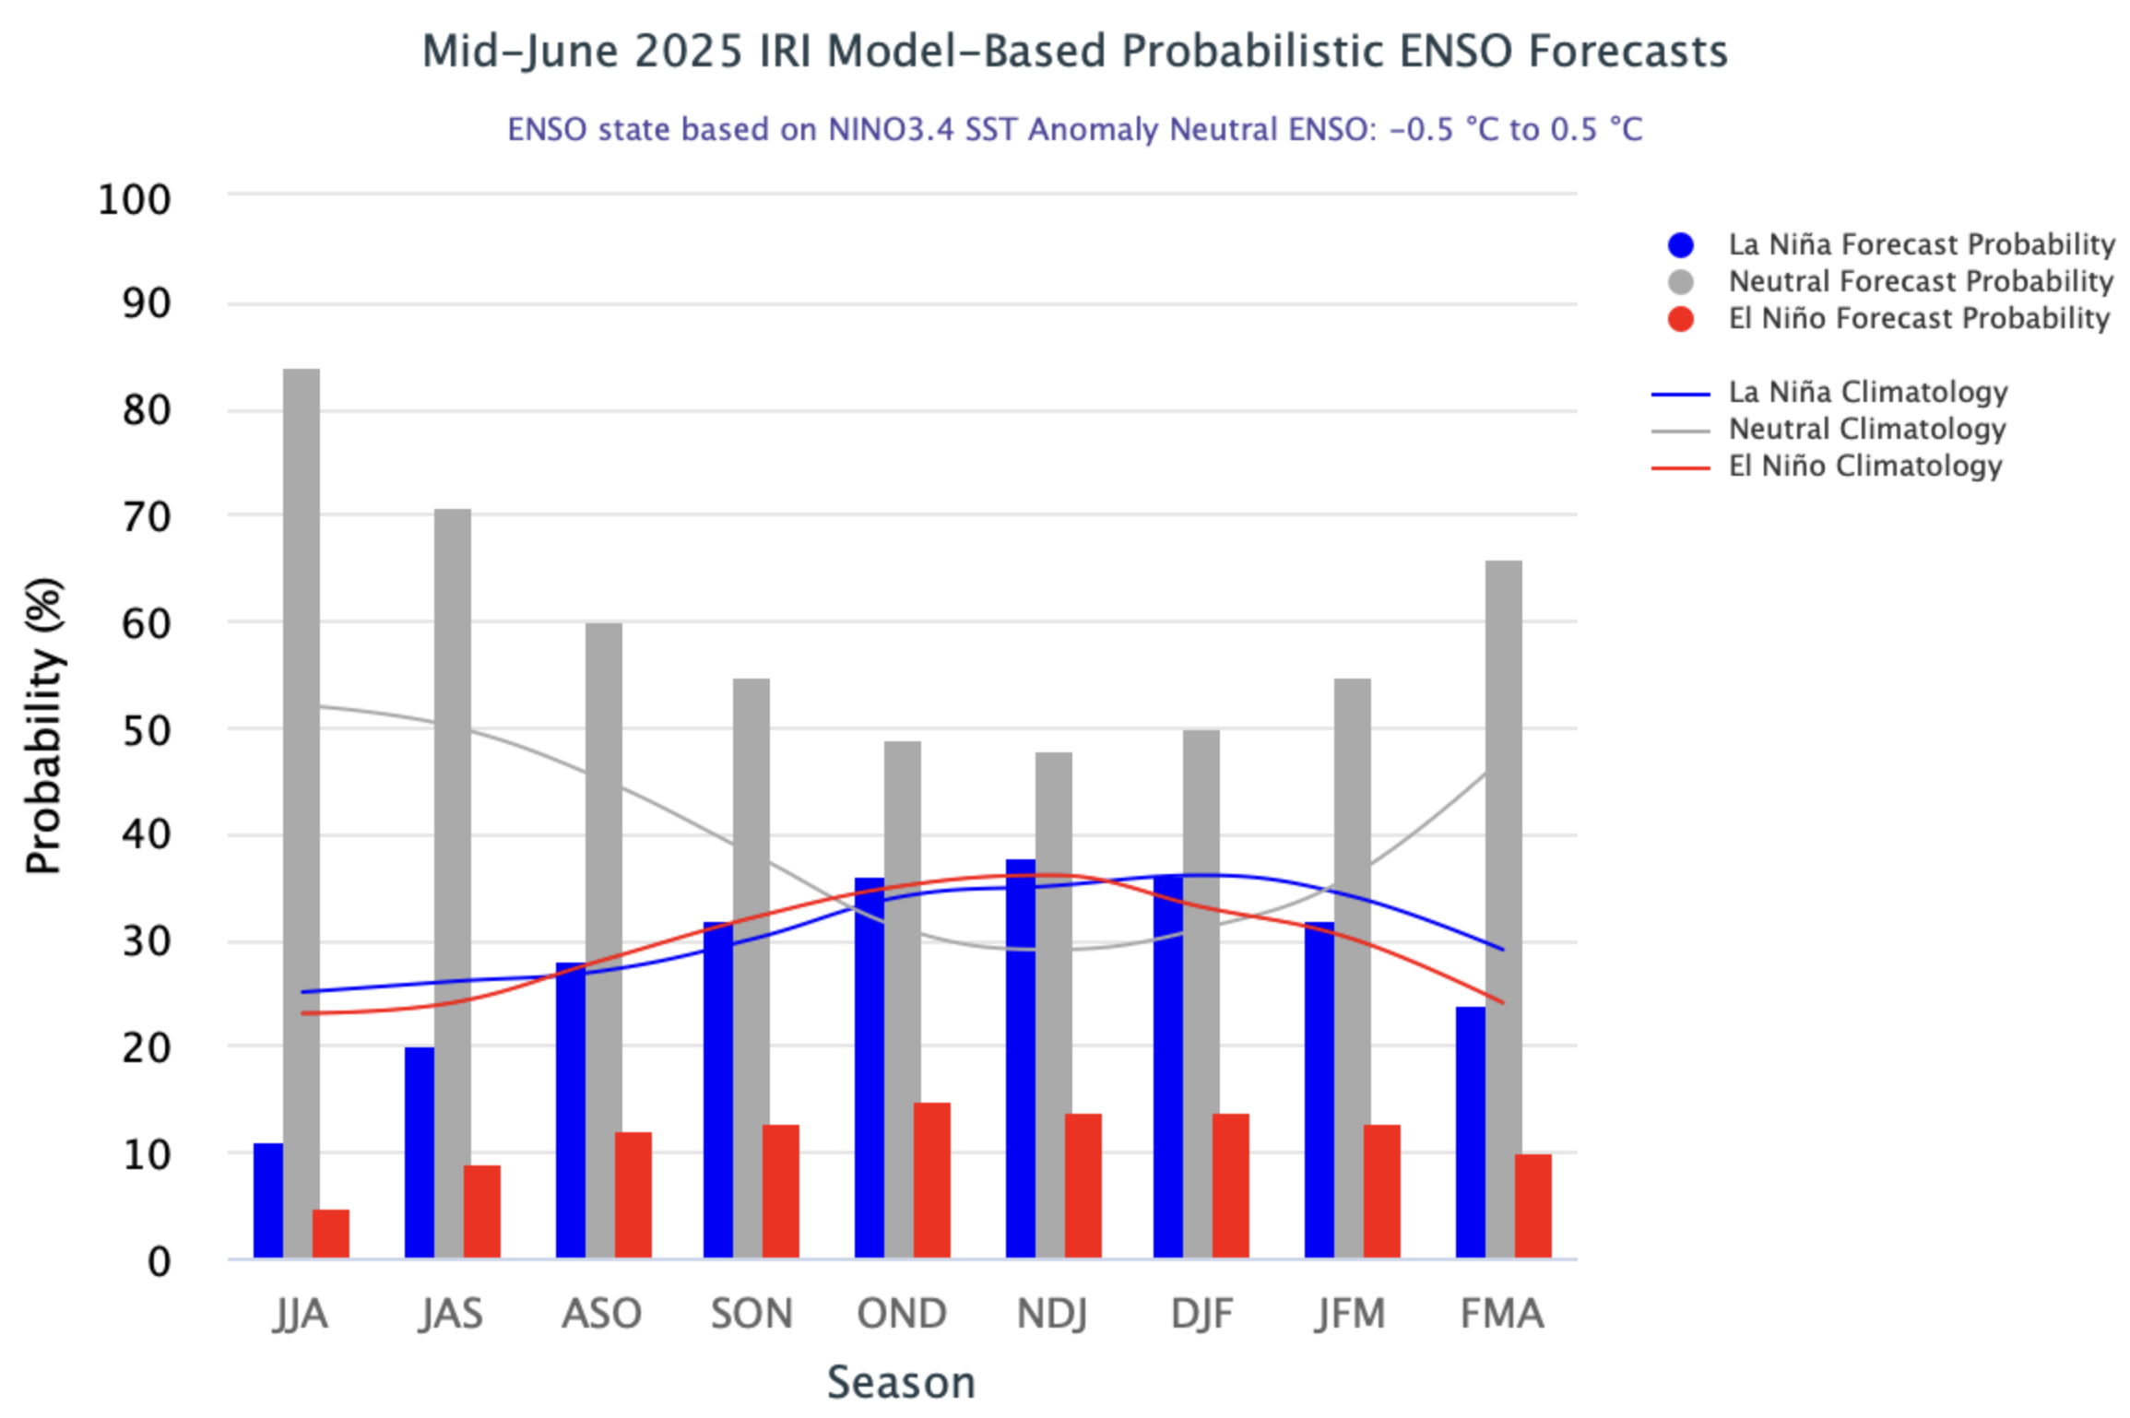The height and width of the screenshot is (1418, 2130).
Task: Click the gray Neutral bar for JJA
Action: click(302, 811)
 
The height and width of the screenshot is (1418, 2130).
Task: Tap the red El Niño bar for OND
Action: click(931, 1180)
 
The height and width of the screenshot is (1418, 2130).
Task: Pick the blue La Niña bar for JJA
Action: click(268, 1200)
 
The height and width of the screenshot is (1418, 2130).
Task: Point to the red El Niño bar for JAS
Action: click(481, 1211)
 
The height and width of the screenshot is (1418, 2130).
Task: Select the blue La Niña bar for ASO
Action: click(570, 1110)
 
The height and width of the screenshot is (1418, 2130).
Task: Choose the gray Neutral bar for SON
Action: click(751, 968)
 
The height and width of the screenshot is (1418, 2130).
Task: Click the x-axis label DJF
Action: click(1201, 1313)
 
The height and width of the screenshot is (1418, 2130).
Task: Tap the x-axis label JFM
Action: click(1351, 1313)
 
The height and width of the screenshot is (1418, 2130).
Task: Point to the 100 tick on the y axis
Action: click(135, 200)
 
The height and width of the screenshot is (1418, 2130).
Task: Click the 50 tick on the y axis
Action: click(147, 730)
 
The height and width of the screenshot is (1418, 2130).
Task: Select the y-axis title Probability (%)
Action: click(43, 726)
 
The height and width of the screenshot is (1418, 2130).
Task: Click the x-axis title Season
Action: click(901, 1382)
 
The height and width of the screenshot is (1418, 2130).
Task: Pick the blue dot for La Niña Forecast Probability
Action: click(1681, 245)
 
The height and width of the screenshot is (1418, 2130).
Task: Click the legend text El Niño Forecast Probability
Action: click(1919, 319)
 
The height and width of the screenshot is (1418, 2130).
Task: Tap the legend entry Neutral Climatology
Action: click(1867, 430)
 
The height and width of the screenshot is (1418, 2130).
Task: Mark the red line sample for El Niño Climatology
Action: click(1680, 468)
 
